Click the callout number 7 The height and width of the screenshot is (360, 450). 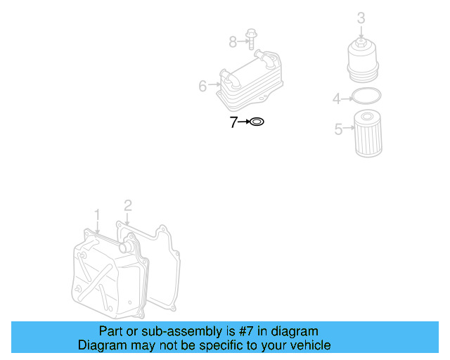233,122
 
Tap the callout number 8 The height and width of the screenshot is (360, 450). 233,42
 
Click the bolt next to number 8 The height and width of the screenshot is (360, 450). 251,39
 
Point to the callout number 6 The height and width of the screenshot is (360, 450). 202,86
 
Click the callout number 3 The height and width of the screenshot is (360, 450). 361,18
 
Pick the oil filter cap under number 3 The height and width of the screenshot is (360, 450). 363,60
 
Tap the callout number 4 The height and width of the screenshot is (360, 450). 337,98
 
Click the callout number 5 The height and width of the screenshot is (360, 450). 339,129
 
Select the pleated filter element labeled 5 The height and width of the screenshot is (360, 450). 368,134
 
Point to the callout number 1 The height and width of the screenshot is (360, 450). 97,215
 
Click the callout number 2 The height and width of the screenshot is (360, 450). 128,205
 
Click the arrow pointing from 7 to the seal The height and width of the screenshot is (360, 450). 244,122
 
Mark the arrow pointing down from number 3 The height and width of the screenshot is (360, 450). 361,32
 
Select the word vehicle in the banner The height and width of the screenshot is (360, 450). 312,345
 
